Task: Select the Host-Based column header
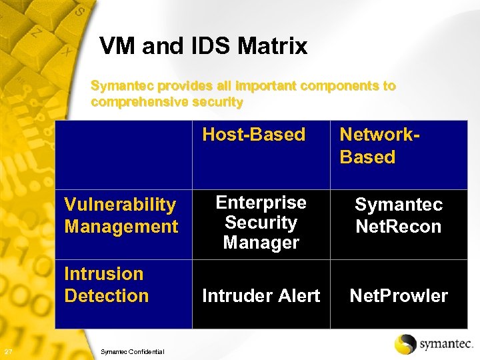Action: coord(253,135)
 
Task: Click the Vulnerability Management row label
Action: coord(121,215)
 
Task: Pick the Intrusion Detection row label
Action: coord(106,285)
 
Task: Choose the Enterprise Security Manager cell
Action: coord(261,223)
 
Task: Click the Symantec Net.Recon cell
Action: coord(398,215)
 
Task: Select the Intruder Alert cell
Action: coord(261,296)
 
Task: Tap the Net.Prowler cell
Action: coord(399,296)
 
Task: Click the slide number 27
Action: coord(7,351)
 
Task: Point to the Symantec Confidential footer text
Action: coord(131,351)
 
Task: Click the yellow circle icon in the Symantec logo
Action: coord(405,344)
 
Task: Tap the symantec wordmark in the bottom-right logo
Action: coord(445,344)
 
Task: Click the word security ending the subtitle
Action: coord(217,102)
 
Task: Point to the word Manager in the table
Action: coord(261,243)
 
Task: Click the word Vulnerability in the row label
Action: coord(119,205)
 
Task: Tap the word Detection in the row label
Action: coord(106,295)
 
